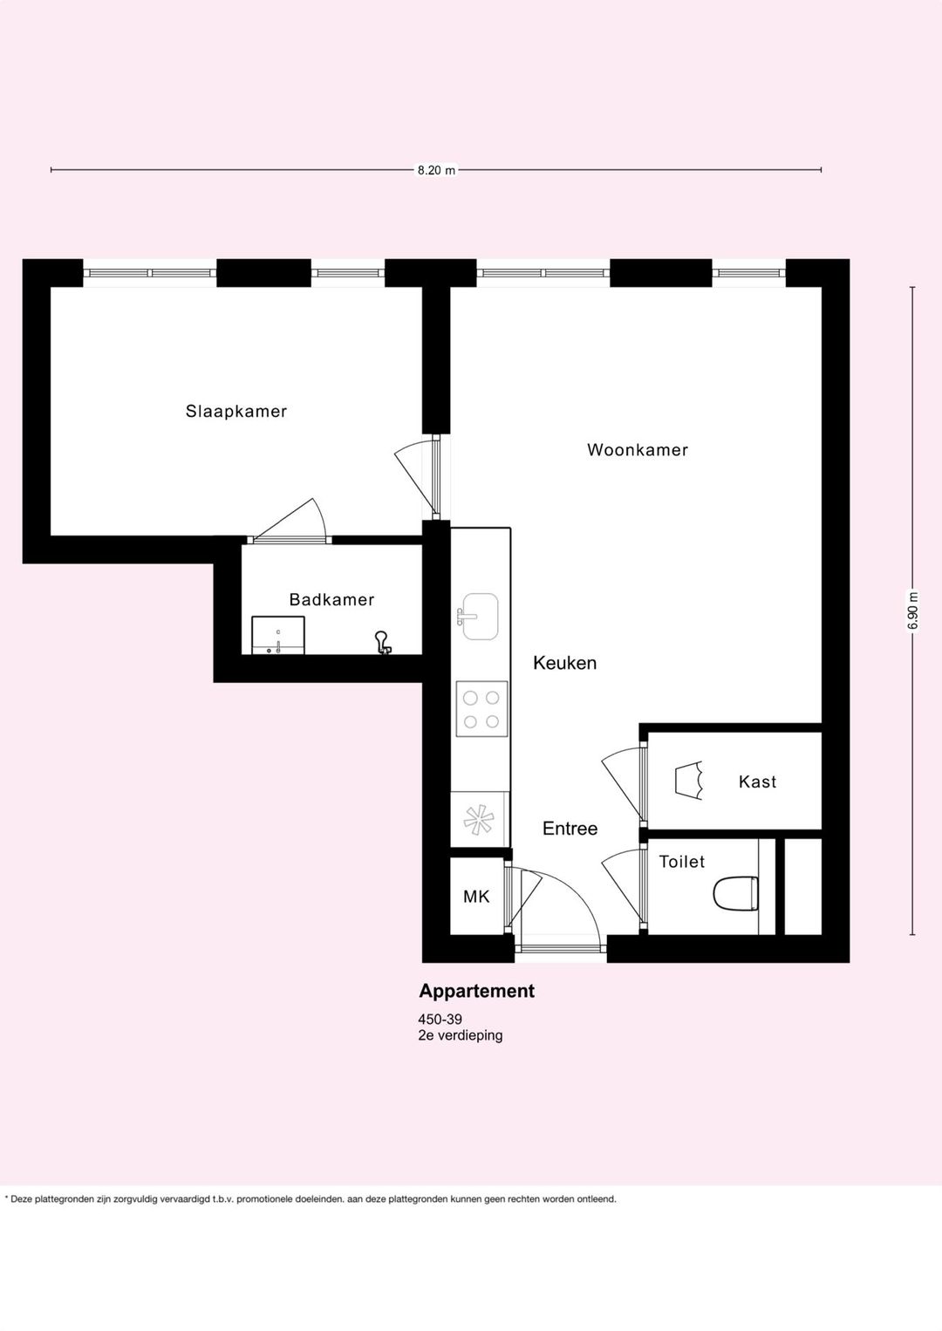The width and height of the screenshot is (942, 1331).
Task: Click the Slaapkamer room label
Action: coord(236,411)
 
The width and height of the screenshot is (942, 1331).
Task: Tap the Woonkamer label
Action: coord(637,450)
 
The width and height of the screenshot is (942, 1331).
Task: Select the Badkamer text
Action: coord(331,599)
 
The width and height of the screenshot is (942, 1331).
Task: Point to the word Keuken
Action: coord(564,663)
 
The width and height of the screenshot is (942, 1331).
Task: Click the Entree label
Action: coord(570,829)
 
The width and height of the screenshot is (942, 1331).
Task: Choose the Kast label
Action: coord(757,782)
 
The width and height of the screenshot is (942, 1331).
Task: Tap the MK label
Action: coord(476,897)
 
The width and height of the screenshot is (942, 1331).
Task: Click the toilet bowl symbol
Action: coord(736,894)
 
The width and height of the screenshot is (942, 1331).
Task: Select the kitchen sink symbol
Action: coord(479,616)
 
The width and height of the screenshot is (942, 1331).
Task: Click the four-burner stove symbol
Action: coord(481,709)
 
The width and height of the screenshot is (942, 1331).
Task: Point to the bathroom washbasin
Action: coord(278,635)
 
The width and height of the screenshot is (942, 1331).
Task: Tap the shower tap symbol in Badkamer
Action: coord(382,643)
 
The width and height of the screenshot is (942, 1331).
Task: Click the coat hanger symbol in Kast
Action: coord(689,780)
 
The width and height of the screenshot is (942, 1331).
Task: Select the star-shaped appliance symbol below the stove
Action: coord(479,819)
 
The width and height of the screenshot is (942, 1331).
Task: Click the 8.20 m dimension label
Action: coord(436,170)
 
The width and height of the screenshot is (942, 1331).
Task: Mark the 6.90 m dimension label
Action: coord(913,611)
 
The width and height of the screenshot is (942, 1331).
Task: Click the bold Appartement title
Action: coord(476,991)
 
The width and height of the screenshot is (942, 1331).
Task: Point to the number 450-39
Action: coord(440,1020)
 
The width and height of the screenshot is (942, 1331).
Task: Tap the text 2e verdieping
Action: coord(461,1035)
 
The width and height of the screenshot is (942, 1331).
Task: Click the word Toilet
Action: coord(682,862)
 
